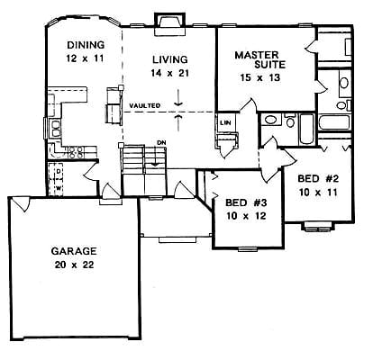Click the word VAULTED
coord(144,106)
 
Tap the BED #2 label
coord(316,179)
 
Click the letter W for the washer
coord(59,187)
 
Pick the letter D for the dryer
coord(59,171)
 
